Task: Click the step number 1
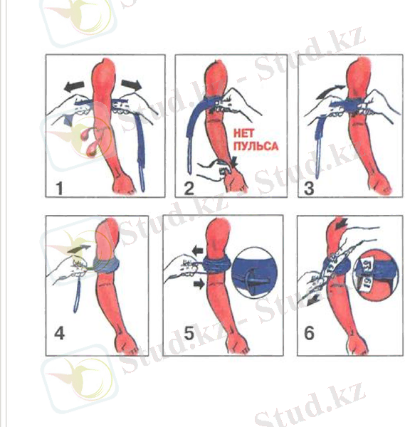(x=58, y=188)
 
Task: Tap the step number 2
(x=188, y=188)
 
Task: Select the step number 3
(x=310, y=188)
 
